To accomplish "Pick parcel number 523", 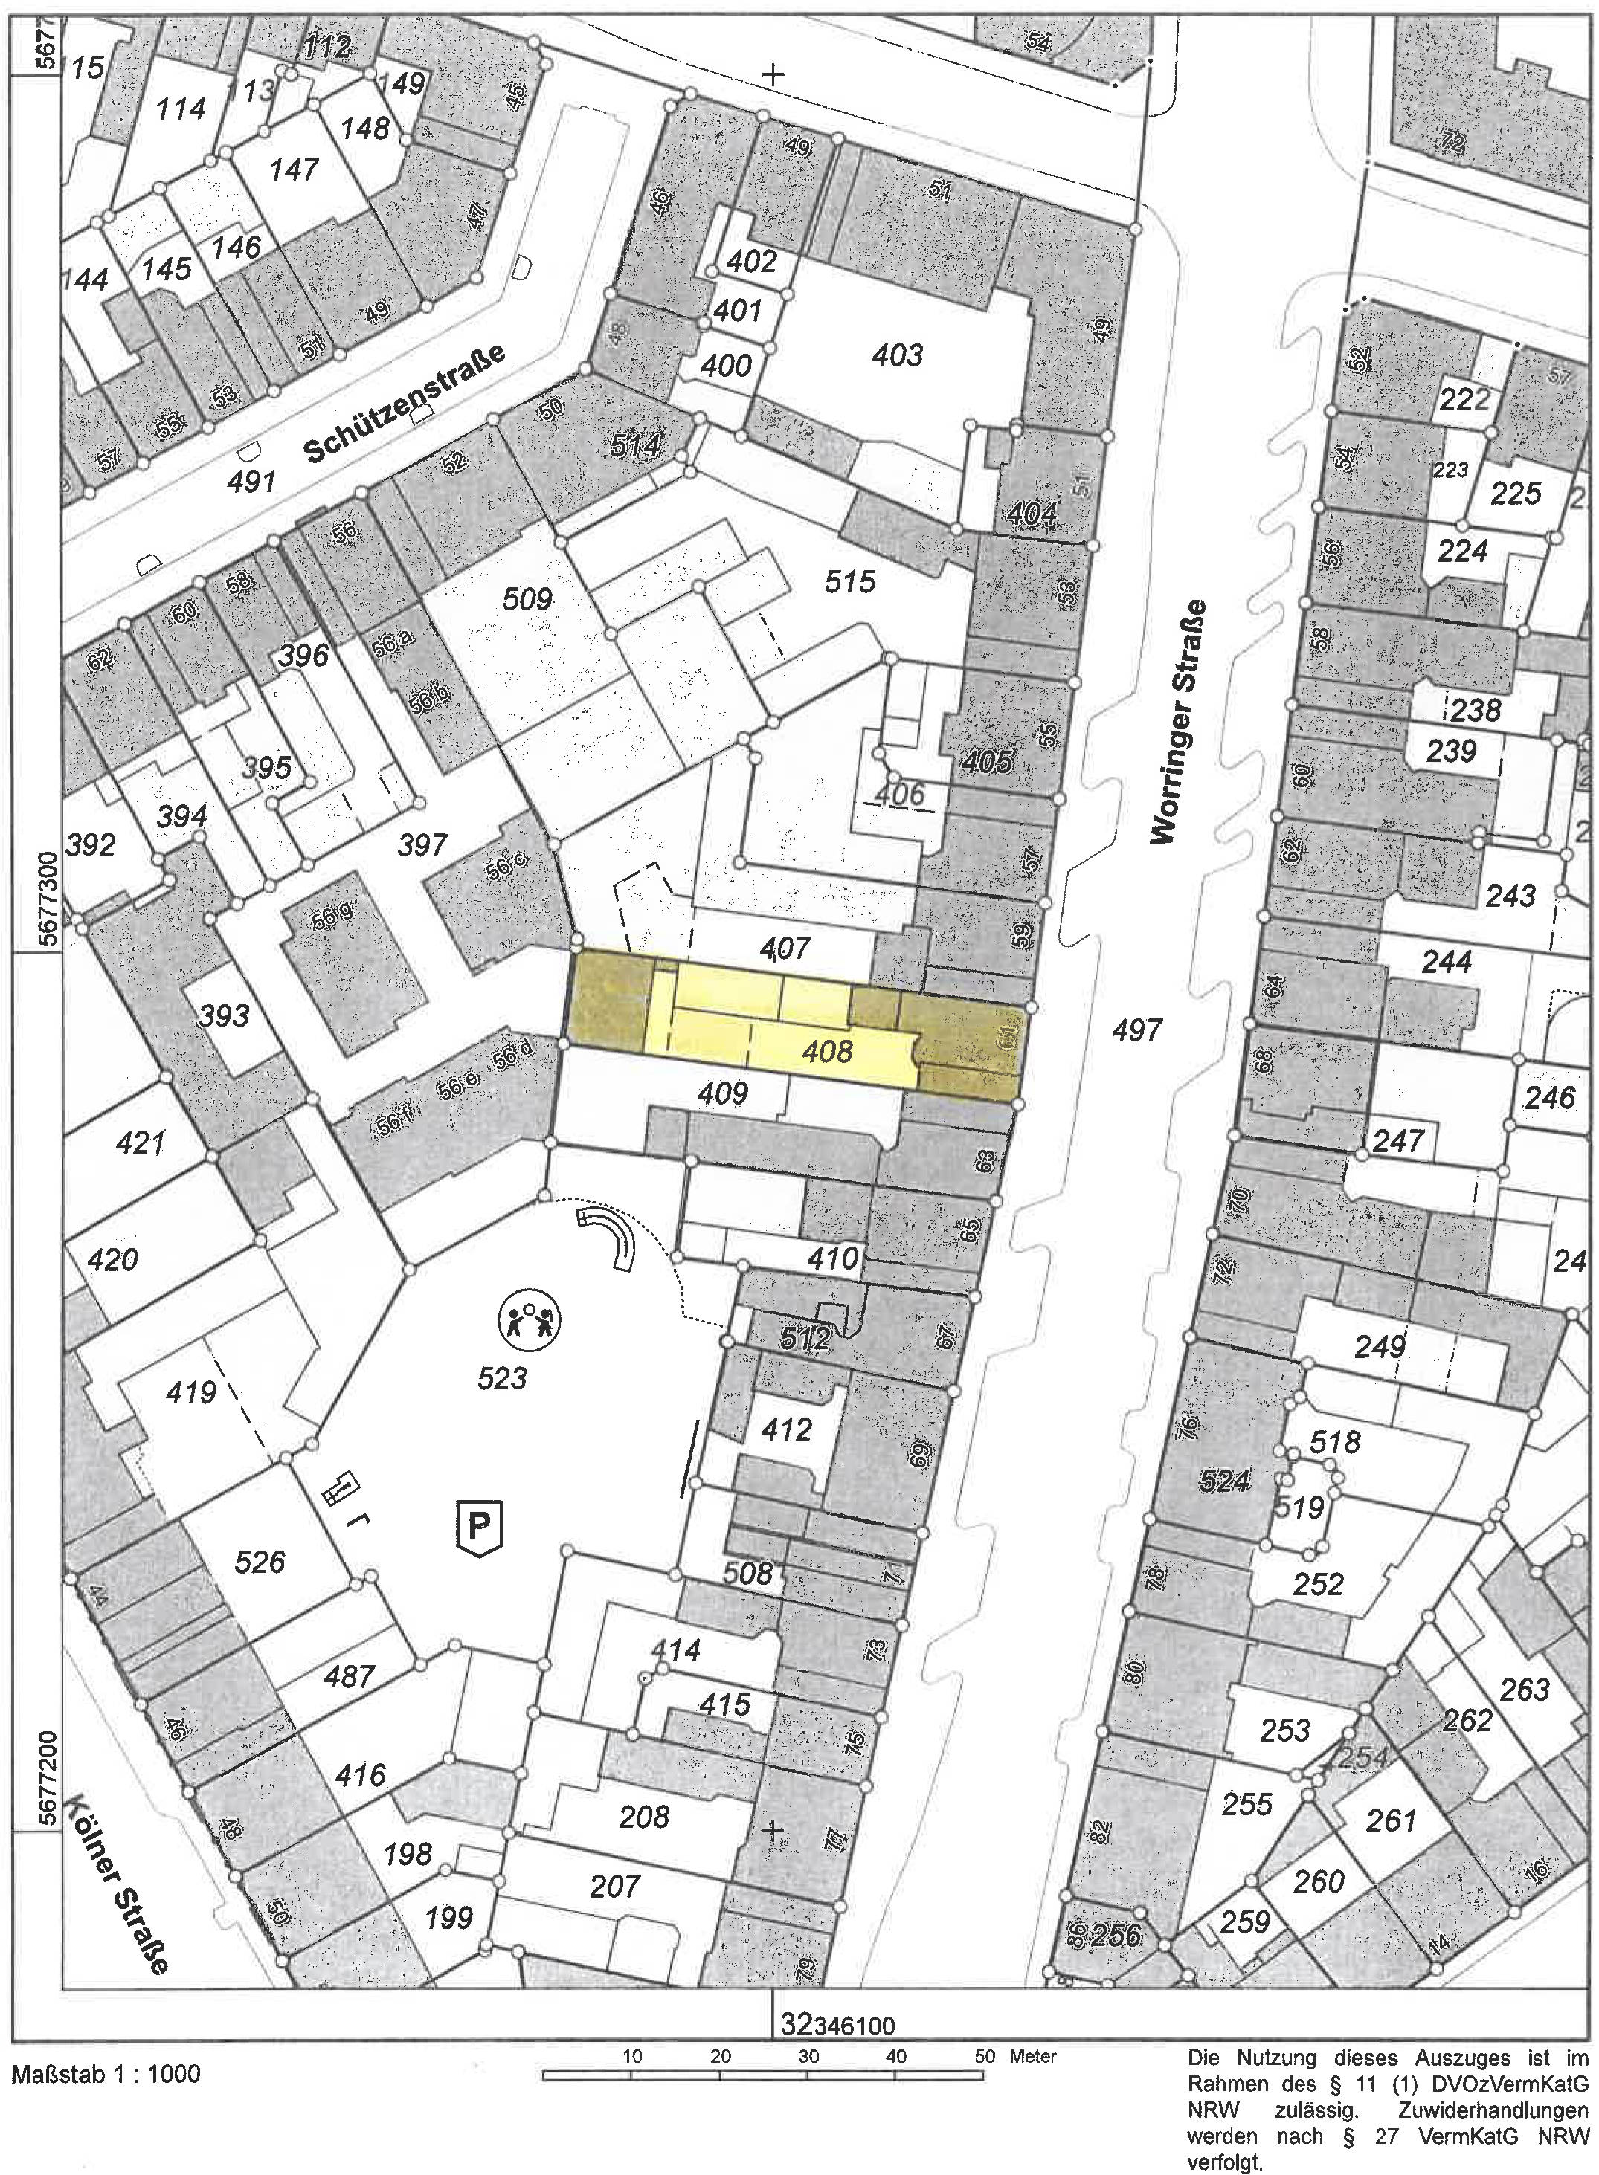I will point(501,1377).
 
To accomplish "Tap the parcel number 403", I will point(897,355).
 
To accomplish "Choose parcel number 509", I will point(527,600).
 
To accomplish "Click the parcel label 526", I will point(260,1562).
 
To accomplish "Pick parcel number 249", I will point(1380,1346).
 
